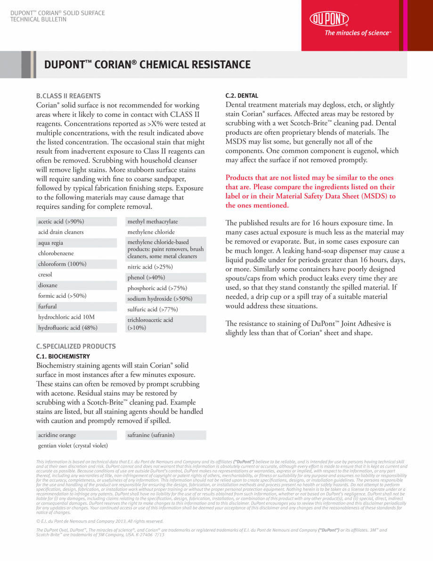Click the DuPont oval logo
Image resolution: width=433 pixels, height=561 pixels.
329,19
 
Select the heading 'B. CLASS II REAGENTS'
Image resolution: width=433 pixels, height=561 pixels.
68,96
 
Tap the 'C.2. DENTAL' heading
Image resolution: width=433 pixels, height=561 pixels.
242,96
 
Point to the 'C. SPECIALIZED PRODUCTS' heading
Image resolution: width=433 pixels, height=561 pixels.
76,346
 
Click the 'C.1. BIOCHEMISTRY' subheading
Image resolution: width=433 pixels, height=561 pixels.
63,356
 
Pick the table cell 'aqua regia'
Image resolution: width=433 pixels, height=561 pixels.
50,243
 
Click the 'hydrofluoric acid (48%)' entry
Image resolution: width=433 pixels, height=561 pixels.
68,327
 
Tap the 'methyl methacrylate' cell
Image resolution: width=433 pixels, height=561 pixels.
153,222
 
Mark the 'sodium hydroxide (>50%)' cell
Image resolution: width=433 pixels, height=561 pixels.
160,299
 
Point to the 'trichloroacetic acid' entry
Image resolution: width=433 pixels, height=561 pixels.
150,320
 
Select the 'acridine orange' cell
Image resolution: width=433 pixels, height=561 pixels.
57,435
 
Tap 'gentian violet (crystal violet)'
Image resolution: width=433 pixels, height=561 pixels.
73,445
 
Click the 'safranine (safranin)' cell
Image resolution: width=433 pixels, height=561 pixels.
151,435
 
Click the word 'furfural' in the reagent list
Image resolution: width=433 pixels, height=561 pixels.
48,306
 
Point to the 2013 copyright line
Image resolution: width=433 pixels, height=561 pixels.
100,521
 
